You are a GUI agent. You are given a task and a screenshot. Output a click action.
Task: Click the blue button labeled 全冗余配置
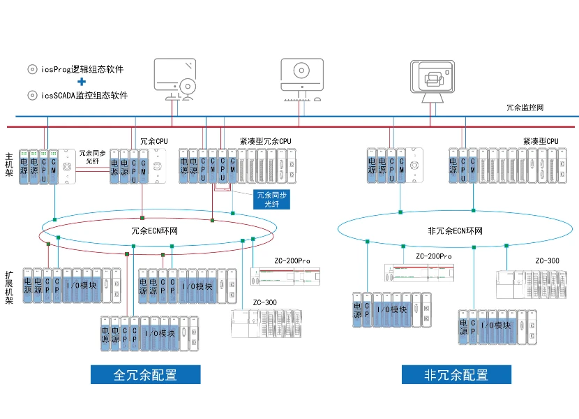tap(145, 374)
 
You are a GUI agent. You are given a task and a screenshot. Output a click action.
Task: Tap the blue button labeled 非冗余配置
tap(456, 374)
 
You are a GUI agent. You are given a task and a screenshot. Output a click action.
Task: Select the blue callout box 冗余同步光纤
tap(271, 199)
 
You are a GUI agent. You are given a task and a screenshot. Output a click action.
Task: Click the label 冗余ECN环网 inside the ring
tap(153, 230)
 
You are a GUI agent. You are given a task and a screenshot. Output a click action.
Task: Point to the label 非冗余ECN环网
tap(455, 230)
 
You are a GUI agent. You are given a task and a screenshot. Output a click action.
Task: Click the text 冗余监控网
tap(525, 108)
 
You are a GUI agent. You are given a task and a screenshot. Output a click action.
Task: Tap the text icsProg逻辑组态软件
tap(82, 69)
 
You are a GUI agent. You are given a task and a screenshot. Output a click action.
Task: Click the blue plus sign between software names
tap(82, 82)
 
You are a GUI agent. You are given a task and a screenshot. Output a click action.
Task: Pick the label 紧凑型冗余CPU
tap(265, 141)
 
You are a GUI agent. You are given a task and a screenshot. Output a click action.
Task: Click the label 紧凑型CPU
tap(541, 141)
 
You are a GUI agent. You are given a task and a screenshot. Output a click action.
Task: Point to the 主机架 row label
tap(9, 165)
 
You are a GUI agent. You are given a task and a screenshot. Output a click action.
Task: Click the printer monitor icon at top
tap(433, 78)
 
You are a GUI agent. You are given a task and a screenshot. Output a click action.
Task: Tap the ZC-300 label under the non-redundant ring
tap(547, 261)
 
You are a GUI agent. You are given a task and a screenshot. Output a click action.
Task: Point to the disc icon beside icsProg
tap(31, 69)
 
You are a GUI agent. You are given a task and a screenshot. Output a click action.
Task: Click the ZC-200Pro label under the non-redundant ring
tap(434, 256)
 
